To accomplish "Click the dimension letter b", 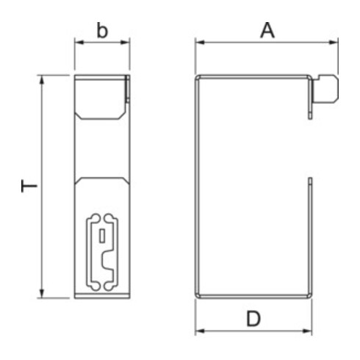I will tap(103, 32).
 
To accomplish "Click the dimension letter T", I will tap(29, 187).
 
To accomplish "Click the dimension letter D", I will tap(253, 318).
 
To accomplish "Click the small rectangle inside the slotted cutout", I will tap(101, 236).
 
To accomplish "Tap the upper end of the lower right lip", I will tap(311, 179).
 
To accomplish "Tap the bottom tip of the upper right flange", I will tap(311, 117).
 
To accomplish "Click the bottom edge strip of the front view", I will tap(103, 296).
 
